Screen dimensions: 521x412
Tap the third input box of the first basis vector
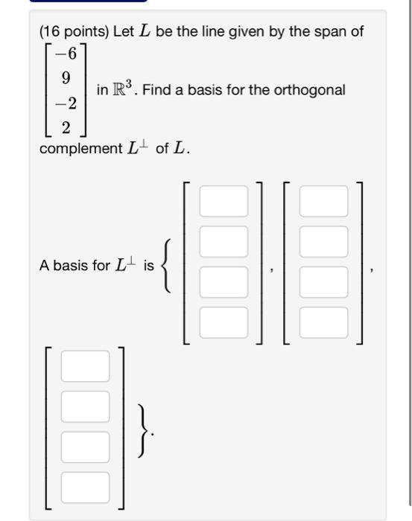tap(223, 281)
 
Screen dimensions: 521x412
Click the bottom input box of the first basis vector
tap(223, 322)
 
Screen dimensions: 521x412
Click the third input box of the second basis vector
tap(323, 281)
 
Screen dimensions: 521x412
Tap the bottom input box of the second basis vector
tap(323, 322)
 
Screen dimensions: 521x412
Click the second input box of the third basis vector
tap(85, 406)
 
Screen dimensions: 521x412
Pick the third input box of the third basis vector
tap(85, 447)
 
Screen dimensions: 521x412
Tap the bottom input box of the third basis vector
tap(85, 487)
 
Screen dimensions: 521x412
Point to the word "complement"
tap(80, 148)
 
